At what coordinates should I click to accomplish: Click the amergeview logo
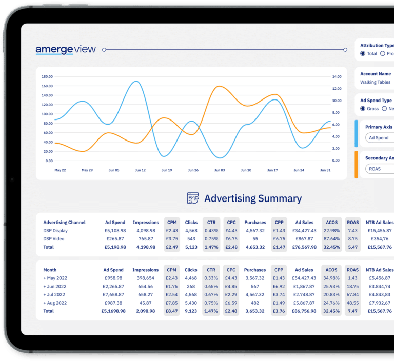point(66,50)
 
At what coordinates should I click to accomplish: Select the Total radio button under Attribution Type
point(363,53)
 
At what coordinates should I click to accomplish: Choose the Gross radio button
point(363,109)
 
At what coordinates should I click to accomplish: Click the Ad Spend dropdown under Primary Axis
point(380,138)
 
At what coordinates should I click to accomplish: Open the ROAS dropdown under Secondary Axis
point(380,169)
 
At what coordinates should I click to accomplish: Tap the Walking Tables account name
point(375,82)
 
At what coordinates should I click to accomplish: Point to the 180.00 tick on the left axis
point(47,76)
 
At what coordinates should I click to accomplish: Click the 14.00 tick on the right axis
point(337,76)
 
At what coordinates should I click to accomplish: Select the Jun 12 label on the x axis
point(140,170)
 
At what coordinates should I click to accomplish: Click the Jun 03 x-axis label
point(219,170)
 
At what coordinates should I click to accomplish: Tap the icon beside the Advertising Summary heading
point(193,198)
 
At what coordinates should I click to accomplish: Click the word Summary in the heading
point(280,198)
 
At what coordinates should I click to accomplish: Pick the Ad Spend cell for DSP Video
point(115,239)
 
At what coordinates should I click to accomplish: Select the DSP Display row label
point(55,231)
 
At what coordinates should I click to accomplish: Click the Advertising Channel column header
point(64,223)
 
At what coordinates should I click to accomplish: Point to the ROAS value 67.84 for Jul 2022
point(352,294)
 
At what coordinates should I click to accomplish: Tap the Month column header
point(50,270)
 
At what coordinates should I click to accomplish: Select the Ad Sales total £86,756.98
point(304,311)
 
